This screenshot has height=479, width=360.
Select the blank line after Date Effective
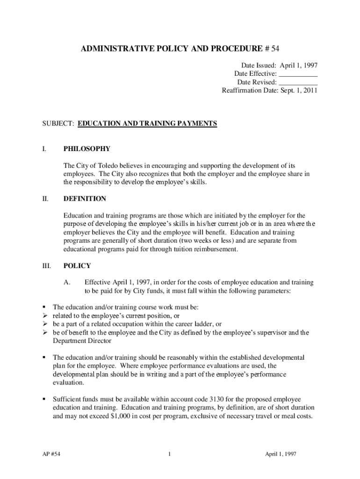tap(298, 73)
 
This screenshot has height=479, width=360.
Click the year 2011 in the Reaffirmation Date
tap(310, 90)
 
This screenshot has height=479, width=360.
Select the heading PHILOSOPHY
tap(87, 149)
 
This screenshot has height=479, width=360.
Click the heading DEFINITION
tap(85, 199)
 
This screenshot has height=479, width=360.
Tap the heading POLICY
tap(77, 266)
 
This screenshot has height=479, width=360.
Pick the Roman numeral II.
tap(45, 199)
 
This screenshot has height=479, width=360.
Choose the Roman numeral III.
tap(46, 266)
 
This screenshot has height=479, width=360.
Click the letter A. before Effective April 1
tap(67, 283)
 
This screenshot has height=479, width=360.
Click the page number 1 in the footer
tap(173, 454)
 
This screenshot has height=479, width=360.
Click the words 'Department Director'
tap(78, 341)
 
